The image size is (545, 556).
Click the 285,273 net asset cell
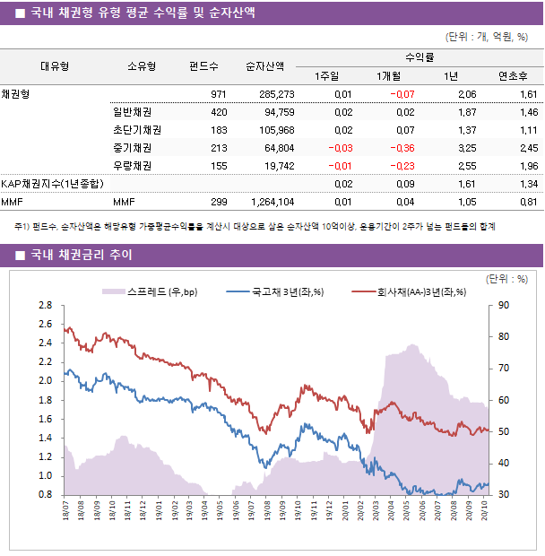coord(276,94)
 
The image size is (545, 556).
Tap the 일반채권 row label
coord(132,112)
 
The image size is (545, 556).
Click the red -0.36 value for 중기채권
coord(402,148)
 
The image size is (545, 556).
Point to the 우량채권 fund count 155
coord(219,166)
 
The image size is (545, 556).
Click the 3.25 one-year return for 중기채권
coord(466,148)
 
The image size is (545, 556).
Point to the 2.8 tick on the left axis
coord(45,306)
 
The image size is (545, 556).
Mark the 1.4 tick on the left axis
coord(45,438)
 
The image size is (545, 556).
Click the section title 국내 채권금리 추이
coord(81,256)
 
